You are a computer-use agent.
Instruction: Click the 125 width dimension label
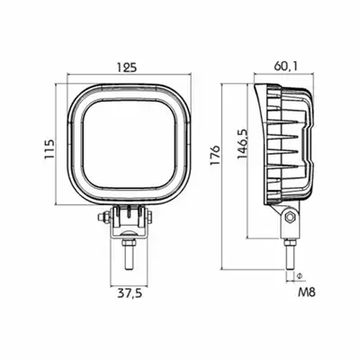tap(127, 67)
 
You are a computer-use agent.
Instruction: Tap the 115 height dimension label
tap(49, 149)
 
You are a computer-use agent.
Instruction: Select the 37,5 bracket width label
tap(130, 293)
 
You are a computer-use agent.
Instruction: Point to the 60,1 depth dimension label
tap(286, 66)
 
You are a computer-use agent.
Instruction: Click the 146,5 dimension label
tap(242, 144)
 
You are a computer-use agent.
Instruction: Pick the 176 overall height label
tap(215, 155)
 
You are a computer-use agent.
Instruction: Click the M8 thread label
tap(307, 292)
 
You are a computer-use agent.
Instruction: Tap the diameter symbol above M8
tap(299, 275)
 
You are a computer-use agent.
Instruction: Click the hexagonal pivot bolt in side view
tap(290, 216)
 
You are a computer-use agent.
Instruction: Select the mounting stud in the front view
tap(128, 257)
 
